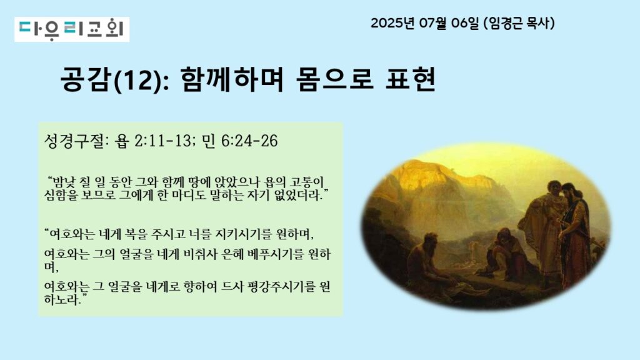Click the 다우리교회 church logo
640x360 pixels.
(72, 29)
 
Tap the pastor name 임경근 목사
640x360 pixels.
(520, 23)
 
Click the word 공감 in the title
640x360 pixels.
(86, 79)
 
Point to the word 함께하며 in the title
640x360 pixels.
(231, 79)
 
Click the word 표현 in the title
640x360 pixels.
(410, 79)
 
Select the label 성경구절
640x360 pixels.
(74, 141)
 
